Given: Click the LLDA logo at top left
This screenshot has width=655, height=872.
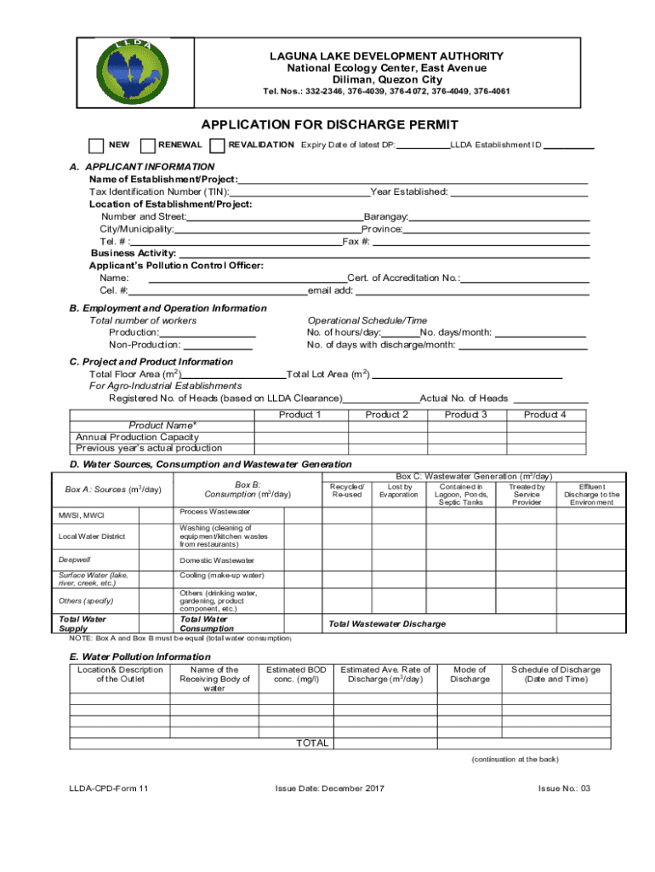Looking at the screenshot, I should tap(131, 72).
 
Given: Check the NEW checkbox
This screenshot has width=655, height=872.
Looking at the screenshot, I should tap(97, 146).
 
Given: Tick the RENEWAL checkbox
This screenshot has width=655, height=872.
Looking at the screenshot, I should tap(147, 146).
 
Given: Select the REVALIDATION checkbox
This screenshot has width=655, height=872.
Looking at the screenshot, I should tap(217, 146).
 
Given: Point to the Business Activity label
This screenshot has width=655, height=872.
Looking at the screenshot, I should tap(134, 254).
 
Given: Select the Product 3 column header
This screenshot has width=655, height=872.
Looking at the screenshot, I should tap(465, 415).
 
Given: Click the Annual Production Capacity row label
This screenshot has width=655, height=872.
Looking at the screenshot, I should tap(137, 437).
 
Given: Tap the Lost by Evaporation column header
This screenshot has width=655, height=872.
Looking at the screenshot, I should tap(398, 490).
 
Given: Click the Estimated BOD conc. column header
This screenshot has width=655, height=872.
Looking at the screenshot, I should tap(296, 674).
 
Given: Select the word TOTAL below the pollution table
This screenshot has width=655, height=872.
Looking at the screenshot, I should tap(311, 743).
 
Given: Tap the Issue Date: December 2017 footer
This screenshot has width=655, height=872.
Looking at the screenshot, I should tap(329, 789).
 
